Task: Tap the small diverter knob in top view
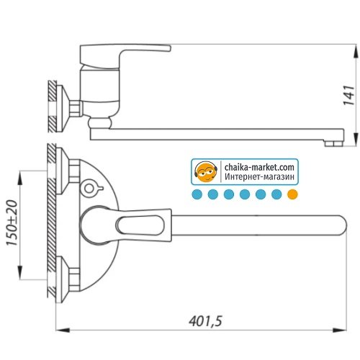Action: point(90,189)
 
